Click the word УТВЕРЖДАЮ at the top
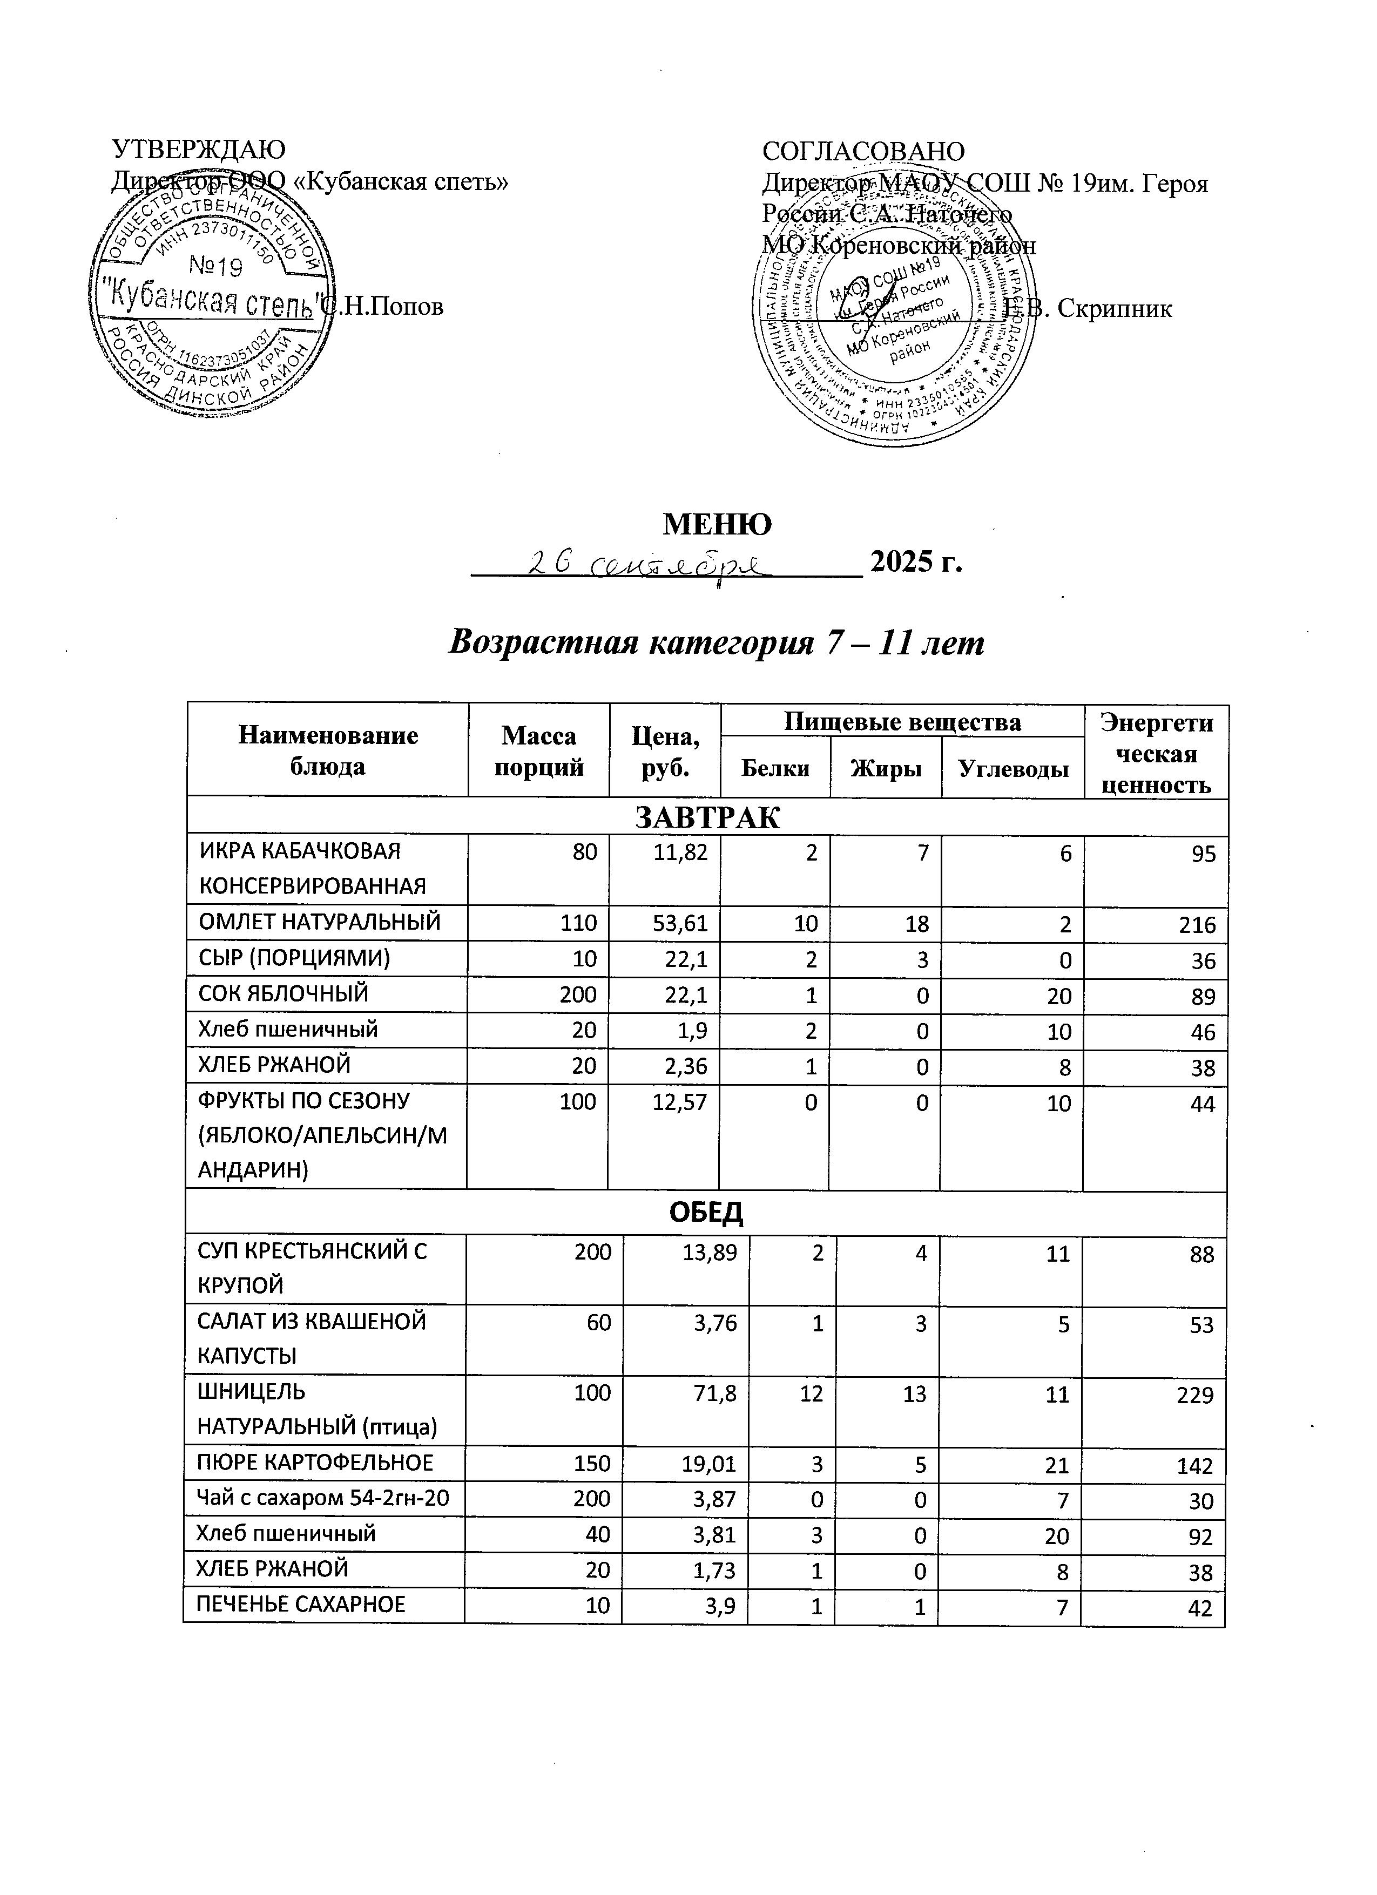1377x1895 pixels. tap(199, 150)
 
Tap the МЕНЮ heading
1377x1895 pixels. tap(717, 524)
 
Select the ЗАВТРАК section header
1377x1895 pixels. tap(707, 818)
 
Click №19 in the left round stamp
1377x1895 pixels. tap(215, 267)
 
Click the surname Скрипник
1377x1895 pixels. tap(1115, 308)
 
